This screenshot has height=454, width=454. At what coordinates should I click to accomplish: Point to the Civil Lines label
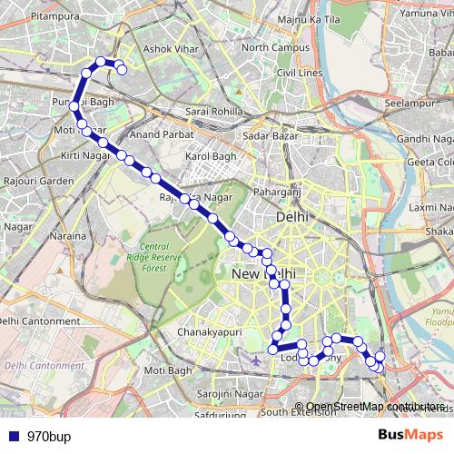point(300,72)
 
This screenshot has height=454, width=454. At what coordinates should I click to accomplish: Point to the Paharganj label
point(275,192)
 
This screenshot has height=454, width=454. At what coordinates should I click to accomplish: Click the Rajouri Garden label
point(37,182)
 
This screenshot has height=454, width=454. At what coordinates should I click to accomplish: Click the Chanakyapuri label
point(209,331)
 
